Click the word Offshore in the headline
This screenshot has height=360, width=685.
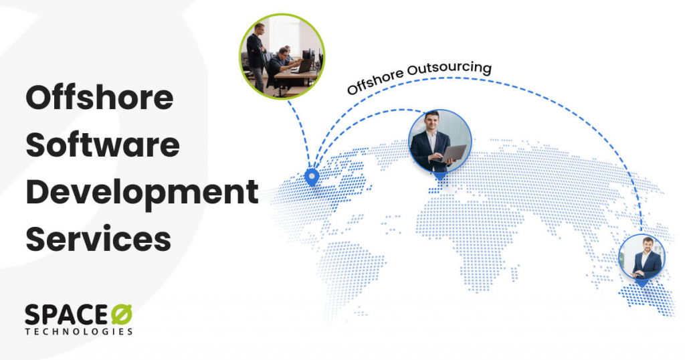pos(99,99)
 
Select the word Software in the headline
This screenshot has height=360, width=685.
pos(102,145)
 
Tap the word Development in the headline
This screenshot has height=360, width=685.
pos(141,193)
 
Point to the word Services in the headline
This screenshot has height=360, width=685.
pos(98,239)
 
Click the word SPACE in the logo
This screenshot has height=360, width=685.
pos(66,315)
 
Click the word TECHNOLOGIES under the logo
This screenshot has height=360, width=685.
pos(78,331)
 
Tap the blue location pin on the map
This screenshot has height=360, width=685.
pos(310,177)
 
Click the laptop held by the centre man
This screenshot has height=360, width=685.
pos(452,154)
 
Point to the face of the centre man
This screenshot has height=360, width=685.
pos(431,122)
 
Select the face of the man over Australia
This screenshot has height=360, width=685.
pos(648,245)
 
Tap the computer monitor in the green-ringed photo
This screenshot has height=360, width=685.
pos(307,55)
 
